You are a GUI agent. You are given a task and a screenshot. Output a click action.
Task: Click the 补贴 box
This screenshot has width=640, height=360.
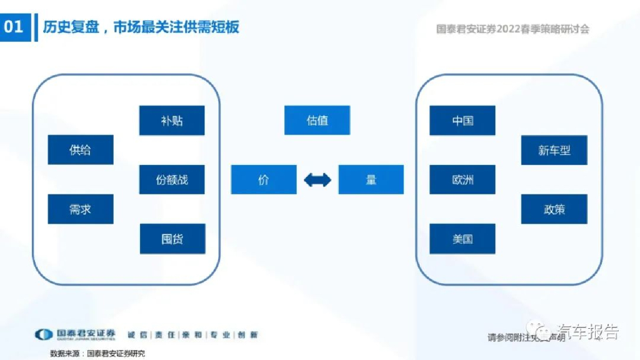tap(172, 121)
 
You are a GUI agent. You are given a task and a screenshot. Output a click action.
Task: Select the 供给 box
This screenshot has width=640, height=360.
tap(81, 150)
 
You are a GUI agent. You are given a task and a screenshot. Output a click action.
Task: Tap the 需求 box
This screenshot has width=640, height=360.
tap(81, 209)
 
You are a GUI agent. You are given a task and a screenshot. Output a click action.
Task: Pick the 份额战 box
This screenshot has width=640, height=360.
tap(172, 180)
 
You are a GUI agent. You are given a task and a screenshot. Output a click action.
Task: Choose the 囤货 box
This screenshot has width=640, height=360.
tap(172, 239)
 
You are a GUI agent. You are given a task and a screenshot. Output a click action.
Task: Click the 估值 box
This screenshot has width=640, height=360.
tap(317, 120)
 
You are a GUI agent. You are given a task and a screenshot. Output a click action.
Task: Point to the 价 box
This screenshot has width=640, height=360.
tap(264, 180)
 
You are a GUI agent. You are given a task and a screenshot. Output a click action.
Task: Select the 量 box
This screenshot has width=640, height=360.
tap(371, 180)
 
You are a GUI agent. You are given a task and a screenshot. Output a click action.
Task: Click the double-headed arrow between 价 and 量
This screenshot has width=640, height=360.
tap(317, 181)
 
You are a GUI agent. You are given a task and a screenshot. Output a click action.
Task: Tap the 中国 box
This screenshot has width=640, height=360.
tap(462, 121)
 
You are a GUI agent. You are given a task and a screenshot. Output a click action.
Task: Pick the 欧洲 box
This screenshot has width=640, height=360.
tap(462, 180)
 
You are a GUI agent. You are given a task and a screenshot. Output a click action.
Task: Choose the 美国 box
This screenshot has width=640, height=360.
tap(462, 239)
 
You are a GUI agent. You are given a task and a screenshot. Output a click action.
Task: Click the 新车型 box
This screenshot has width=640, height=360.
tap(554, 151)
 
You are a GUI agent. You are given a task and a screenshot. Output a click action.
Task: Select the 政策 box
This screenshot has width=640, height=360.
tap(554, 209)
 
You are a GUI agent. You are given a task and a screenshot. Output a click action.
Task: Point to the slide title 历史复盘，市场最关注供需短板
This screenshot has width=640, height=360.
tap(141, 27)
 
